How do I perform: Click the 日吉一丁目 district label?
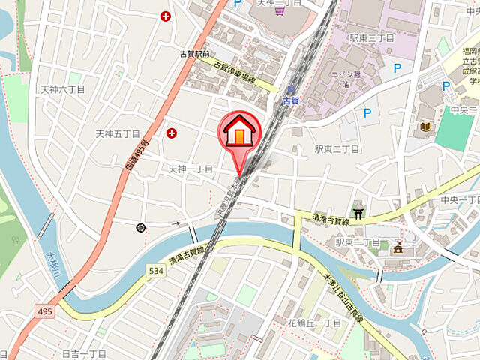click(84, 353)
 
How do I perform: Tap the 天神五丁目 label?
click(118, 133)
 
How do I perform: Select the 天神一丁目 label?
click(190, 169)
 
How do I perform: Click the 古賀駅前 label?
click(195, 54)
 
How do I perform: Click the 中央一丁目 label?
click(459, 200)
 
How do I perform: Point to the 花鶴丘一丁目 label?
click(315, 322)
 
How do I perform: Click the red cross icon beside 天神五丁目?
click(172, 133)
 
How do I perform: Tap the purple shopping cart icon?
click(279, 11)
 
